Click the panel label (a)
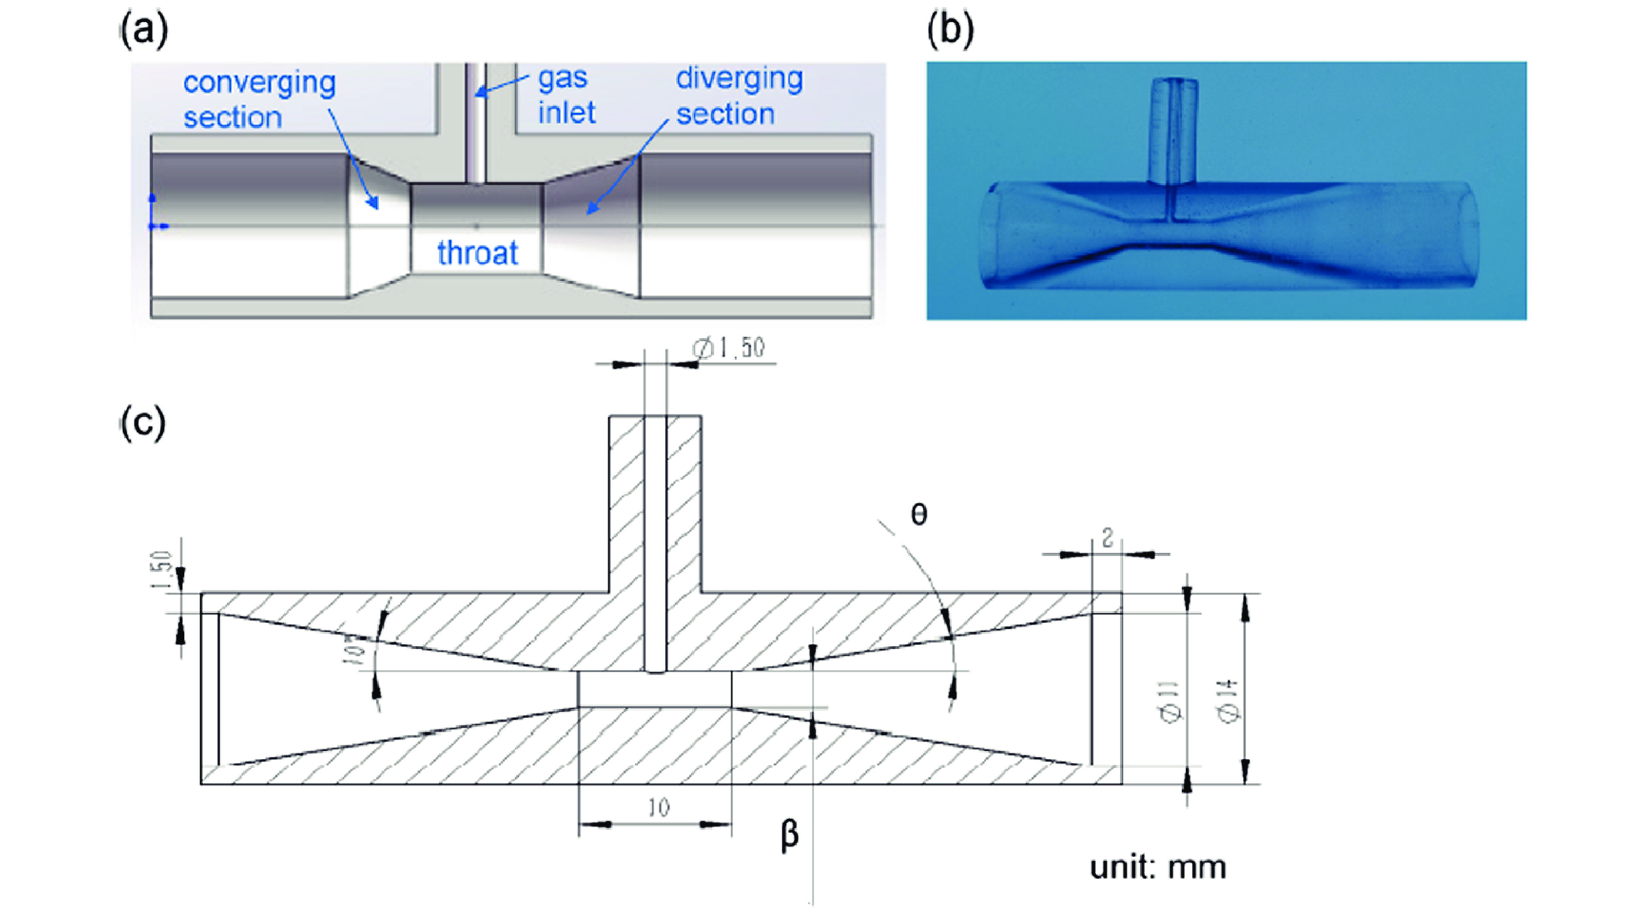[x=145, y=30]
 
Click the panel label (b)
[x=951, y=30]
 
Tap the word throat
[x=477, y=253]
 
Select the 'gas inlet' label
[x=566, y=95]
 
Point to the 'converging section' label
[x=259, y=100]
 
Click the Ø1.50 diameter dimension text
[x=729, y=348]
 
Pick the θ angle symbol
[x=919, y=515]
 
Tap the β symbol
[x=790, y=835]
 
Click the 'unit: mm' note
[x=1158, y=868]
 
